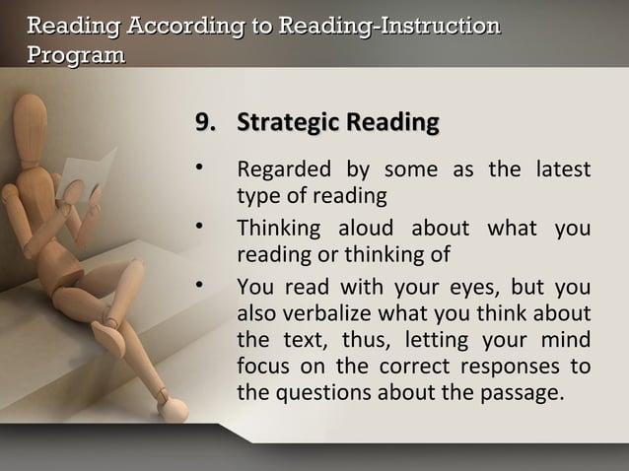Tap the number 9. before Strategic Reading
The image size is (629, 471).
tap(206, 123)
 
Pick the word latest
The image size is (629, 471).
tap(563, 170)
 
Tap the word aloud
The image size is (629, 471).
tap(351, 230)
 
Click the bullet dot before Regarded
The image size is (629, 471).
tap(199, 170)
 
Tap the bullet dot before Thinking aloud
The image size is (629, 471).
tap(199, 230)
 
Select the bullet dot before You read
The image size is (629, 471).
tap(199, 289)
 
